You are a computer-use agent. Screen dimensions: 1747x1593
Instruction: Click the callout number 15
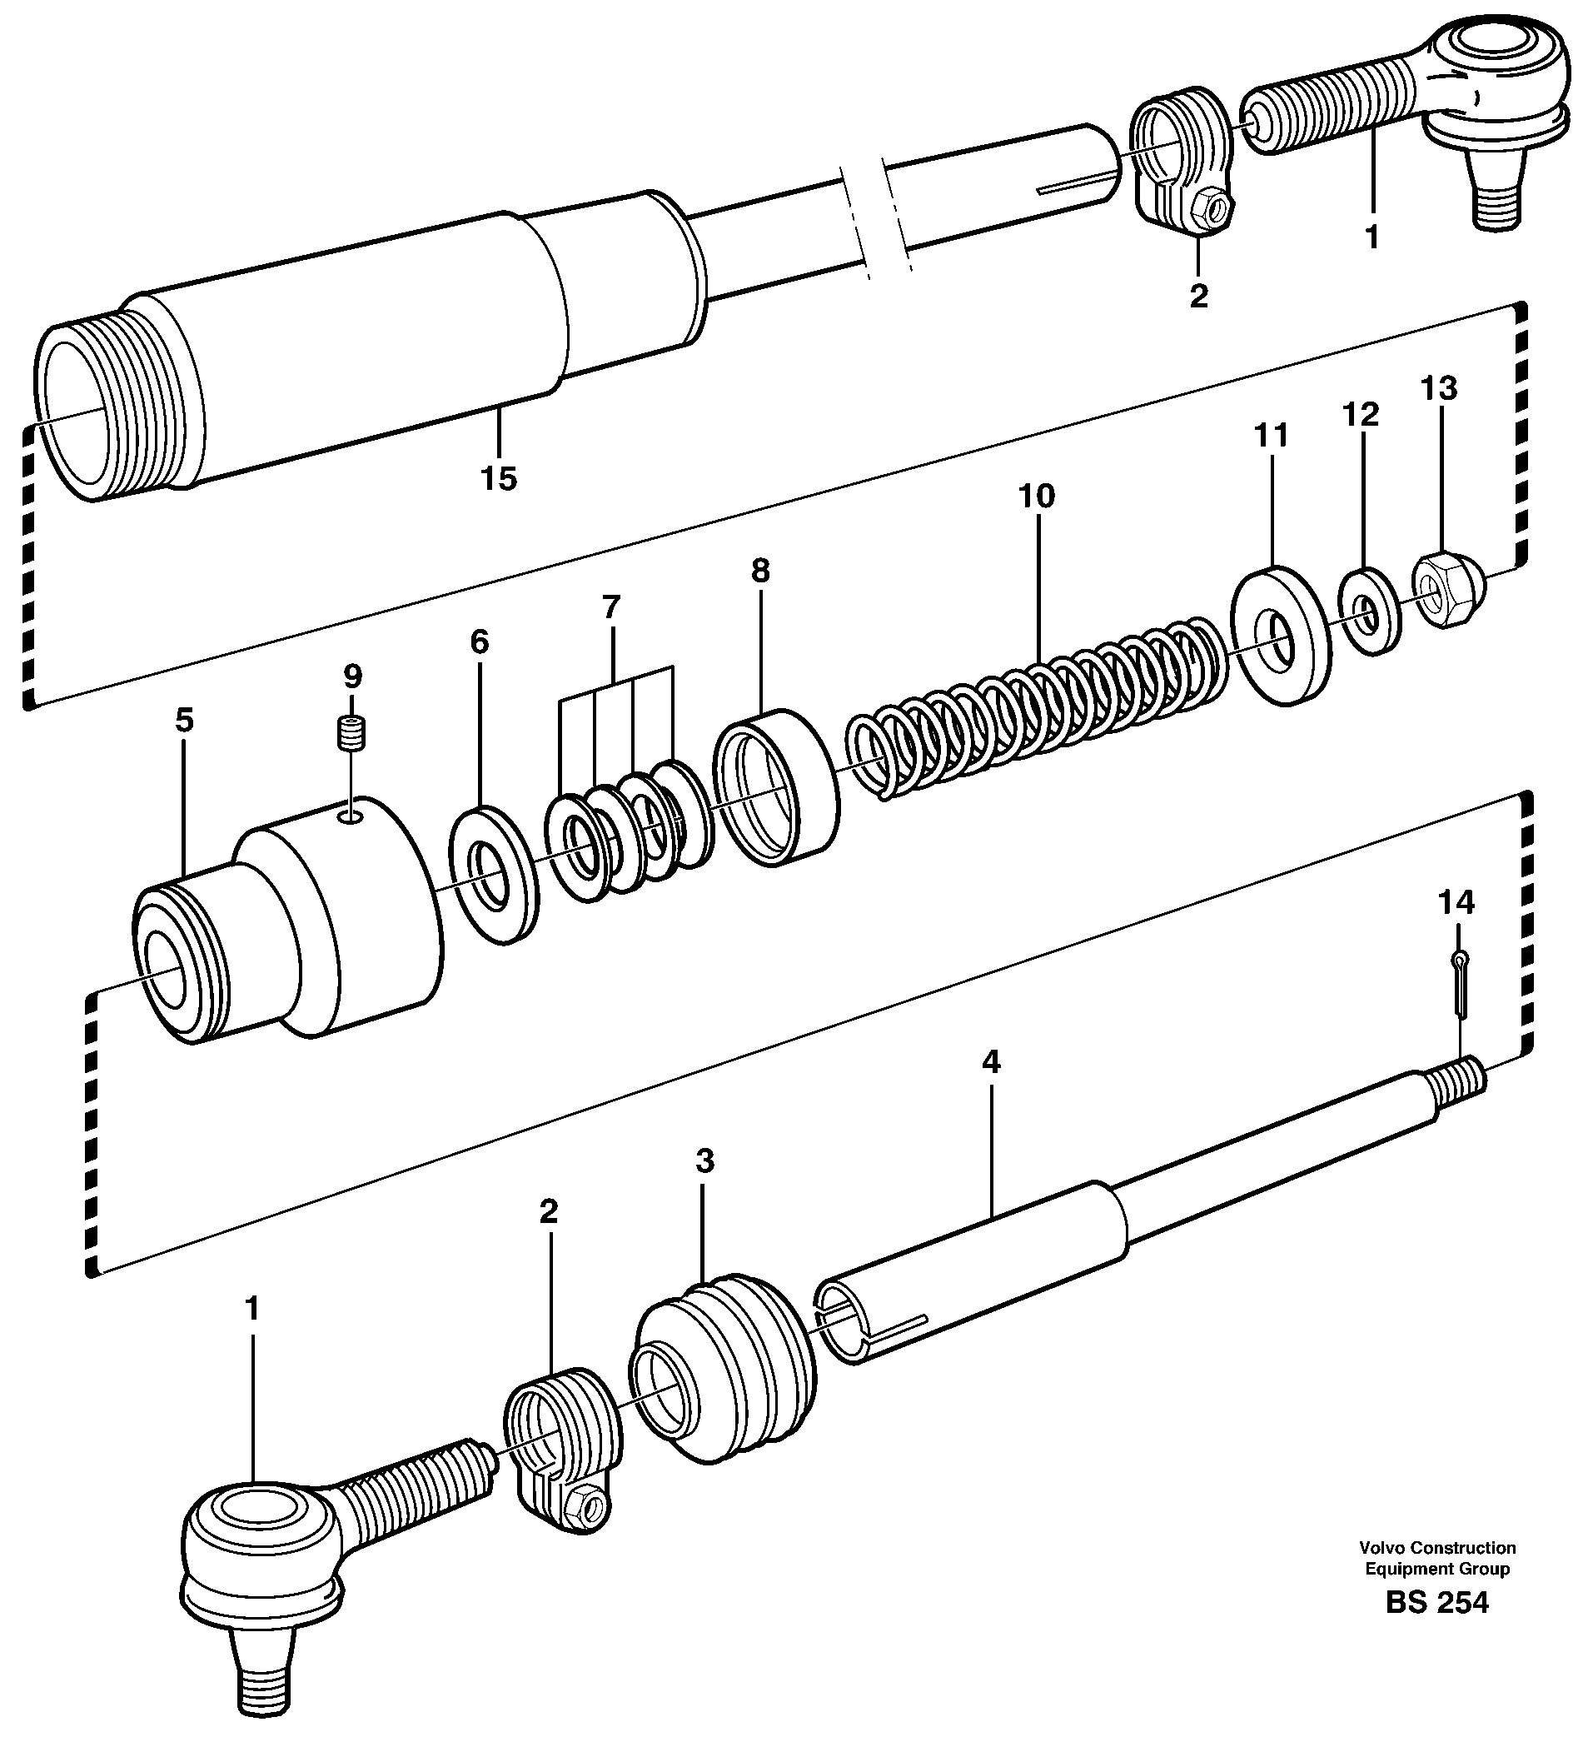coord(499,477)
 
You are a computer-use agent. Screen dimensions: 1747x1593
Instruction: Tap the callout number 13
coord(1438,388)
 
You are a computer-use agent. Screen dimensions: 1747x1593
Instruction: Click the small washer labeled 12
coord(1370,611)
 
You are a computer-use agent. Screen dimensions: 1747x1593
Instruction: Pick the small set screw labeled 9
coord(351,735)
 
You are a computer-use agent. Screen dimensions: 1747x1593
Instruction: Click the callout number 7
coord(611,607)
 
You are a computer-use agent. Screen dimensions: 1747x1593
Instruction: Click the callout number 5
coord(185,720)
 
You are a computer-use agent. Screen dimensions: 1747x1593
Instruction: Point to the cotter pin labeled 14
coord(1459,983)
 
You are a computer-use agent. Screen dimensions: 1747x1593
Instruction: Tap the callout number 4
coord(991,1061)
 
